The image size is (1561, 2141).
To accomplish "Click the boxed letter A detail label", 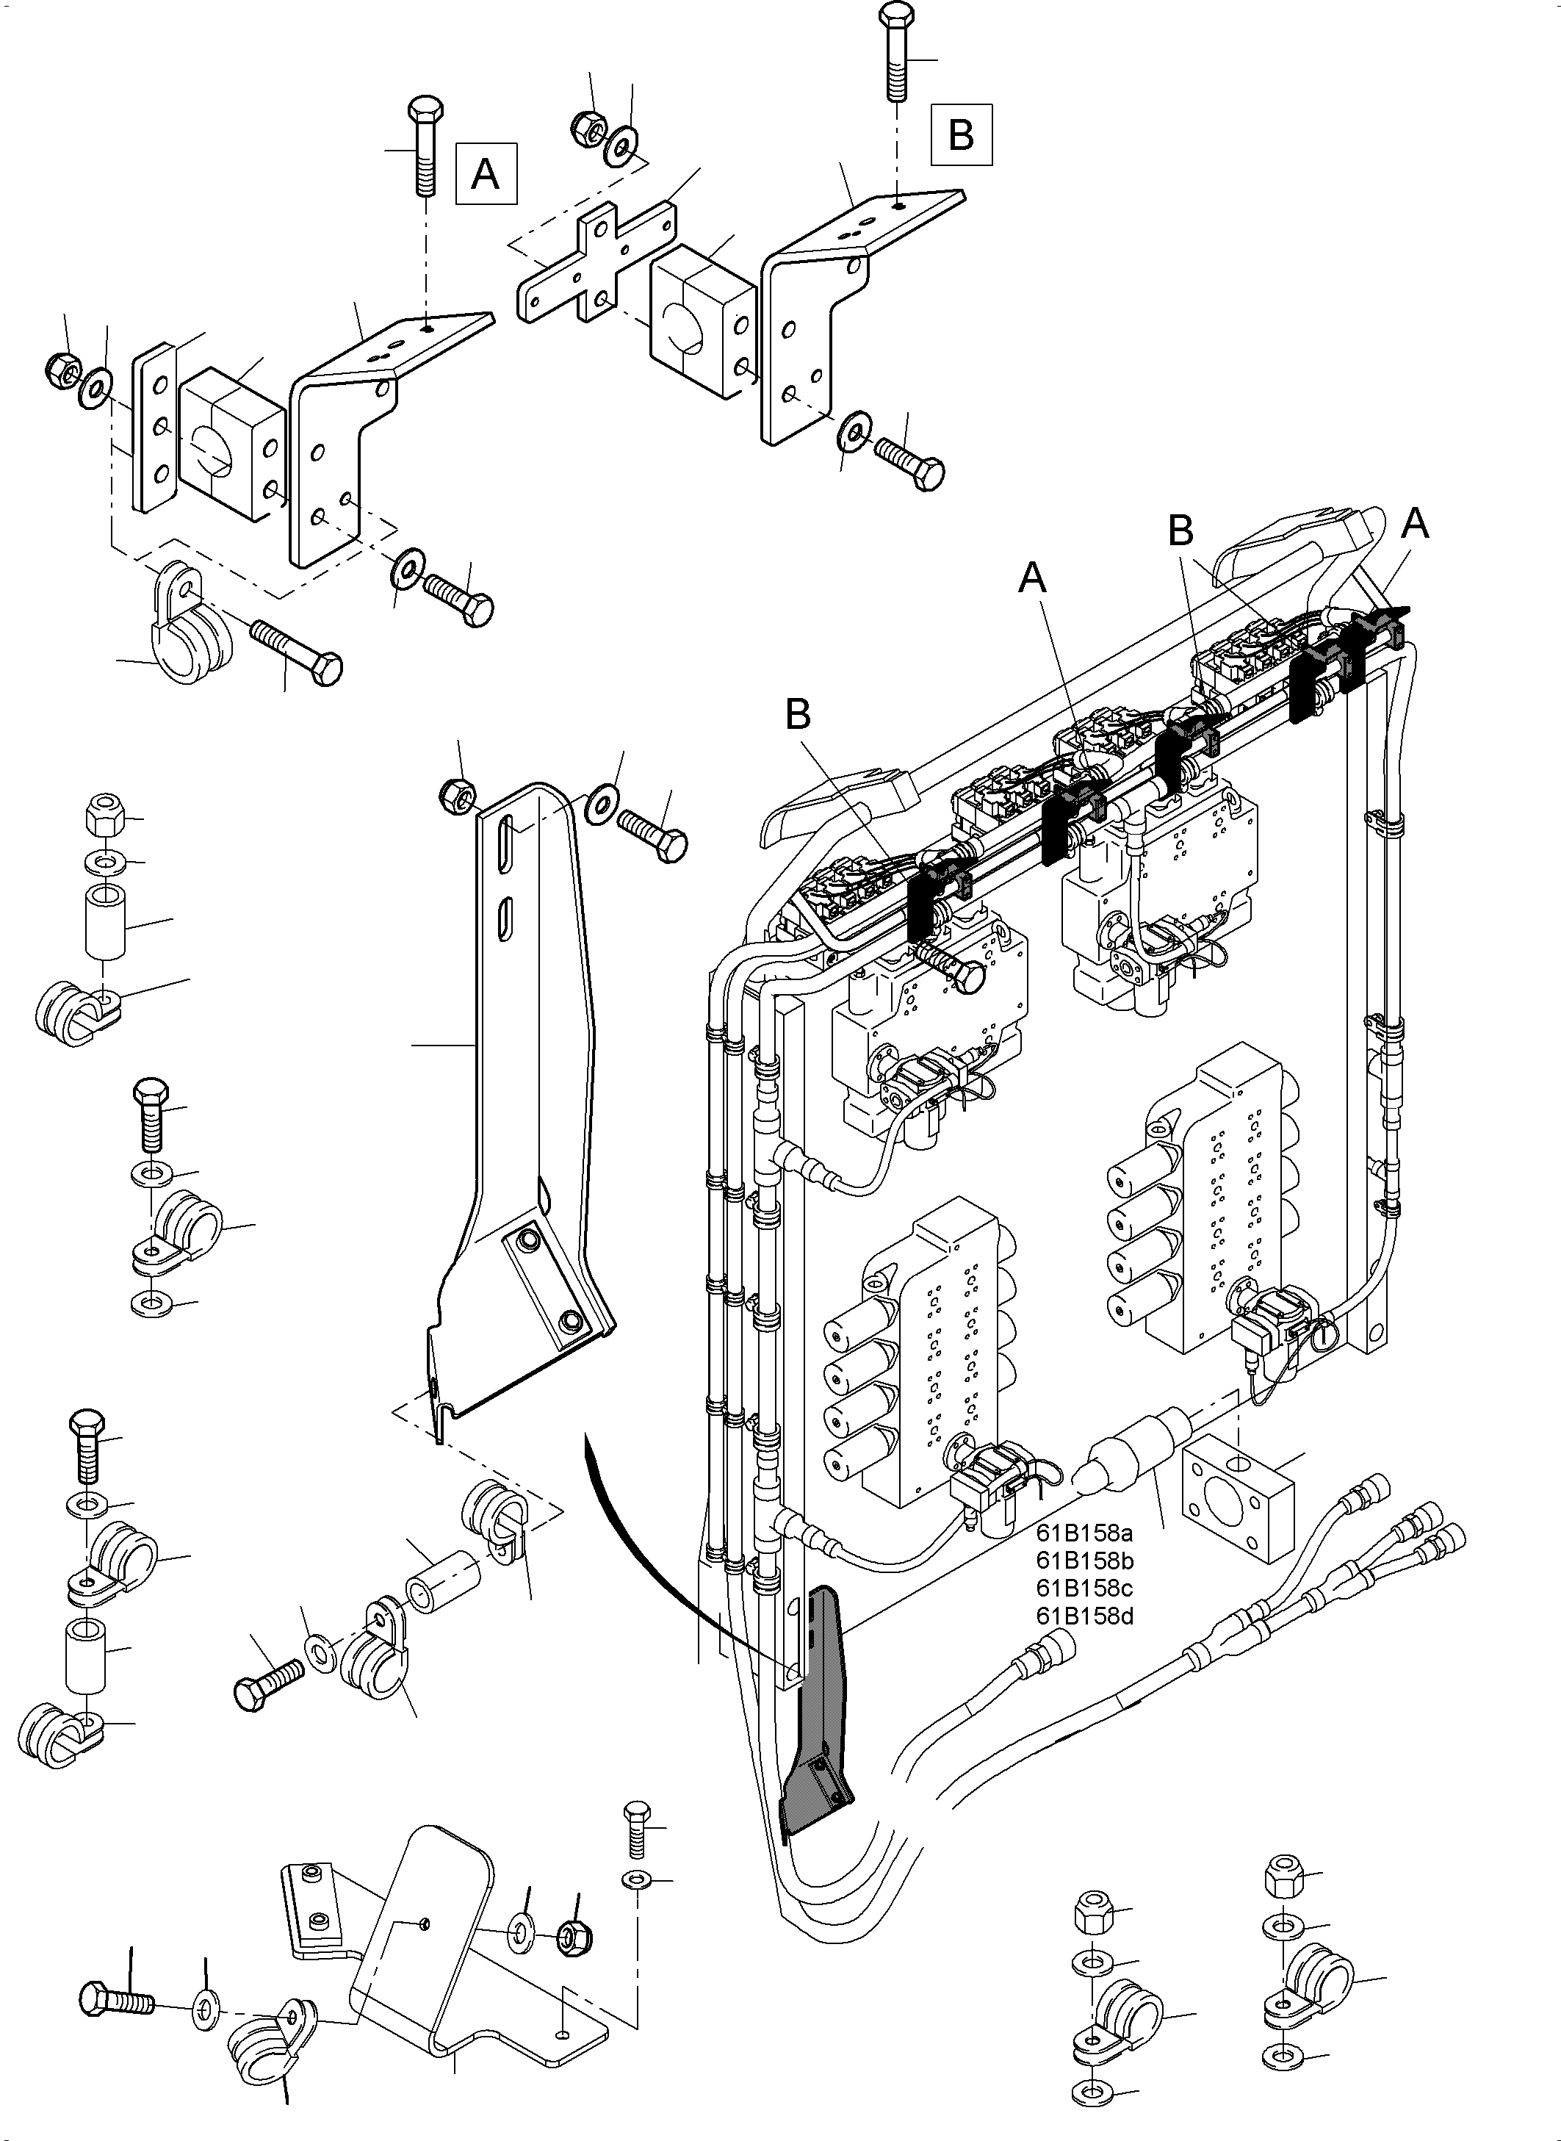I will (x=486, y=174).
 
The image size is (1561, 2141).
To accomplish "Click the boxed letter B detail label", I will (x=961, y=134).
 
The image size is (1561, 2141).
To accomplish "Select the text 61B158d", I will (x=1084, y=1616).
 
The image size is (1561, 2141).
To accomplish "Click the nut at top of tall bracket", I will (x=458, y=796).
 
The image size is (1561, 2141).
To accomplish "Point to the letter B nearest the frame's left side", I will (x=798, y=715).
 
